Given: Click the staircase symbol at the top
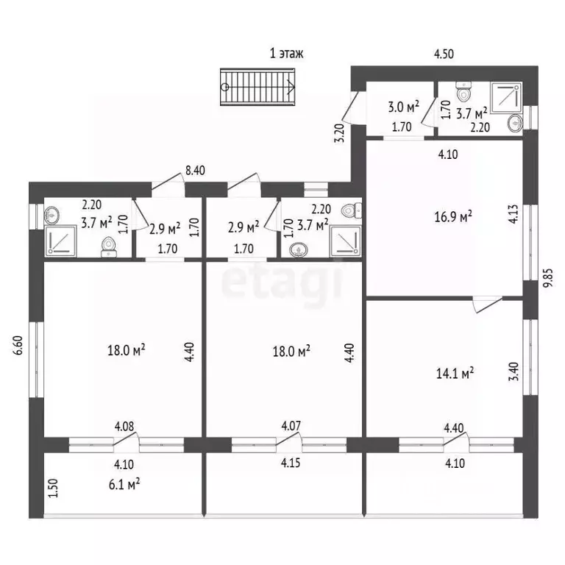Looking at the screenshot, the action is [x=257, y=88].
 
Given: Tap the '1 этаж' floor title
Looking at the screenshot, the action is [x=286, y=53].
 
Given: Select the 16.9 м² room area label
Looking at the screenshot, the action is [x=453, y=217].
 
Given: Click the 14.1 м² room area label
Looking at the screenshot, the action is [x=455, y=373].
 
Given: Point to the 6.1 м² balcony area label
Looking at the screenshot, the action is [x=124, y=484].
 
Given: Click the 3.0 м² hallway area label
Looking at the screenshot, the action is [x=404, y=107].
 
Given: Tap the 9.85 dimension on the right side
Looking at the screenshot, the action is [x=548, y=279].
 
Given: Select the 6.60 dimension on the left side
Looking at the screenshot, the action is [x=18, y=345].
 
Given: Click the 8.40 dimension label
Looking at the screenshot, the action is [x=195, y=171].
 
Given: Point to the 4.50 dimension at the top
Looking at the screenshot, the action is [x=444, y=54].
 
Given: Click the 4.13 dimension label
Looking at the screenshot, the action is [x=514, y=214].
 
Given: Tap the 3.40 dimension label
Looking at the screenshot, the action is [x=514, y=372].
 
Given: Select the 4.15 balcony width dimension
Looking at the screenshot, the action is [x=291, y=463].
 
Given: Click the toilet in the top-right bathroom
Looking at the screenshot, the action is [x=463, y=91].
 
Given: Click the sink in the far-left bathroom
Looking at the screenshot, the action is [x=52, y=216].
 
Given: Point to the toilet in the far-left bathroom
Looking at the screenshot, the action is [x=109, y=247].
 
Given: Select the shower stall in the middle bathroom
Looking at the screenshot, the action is [x=346, y=241].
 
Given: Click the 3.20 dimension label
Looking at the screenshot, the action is [x=340, y=133].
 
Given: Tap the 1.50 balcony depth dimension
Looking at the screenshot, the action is [x=53, y=488].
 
